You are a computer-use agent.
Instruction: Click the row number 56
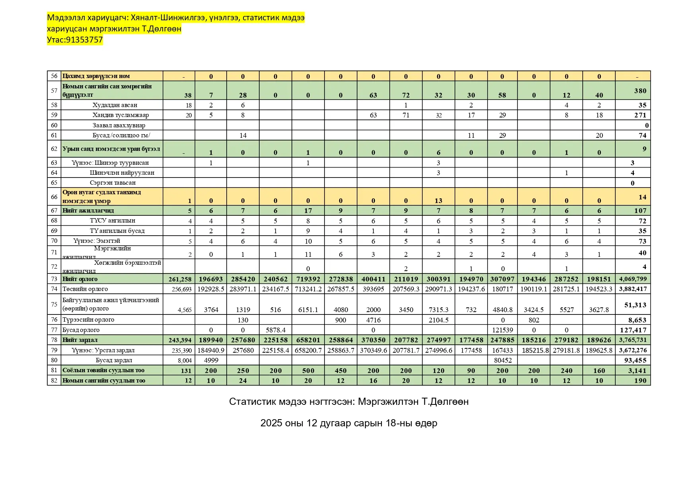coord(54,76)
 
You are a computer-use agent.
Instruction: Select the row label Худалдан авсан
coord(115,105)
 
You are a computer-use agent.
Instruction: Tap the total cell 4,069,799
coord(633,279)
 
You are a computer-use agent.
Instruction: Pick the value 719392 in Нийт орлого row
coord(308,279)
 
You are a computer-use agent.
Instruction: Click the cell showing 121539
coord(502,330)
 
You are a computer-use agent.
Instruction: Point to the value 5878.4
coord(275,330)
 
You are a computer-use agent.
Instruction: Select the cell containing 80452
coord(502,360)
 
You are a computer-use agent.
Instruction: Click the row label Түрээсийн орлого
coord(88,320)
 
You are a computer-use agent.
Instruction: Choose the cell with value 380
coord(640,91)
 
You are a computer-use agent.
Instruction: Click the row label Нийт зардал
coord(80,340)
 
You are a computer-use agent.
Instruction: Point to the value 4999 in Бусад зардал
coord(211,360)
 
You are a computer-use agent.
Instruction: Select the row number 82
coord(54,381)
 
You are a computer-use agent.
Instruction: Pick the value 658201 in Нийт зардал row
coord(308,340)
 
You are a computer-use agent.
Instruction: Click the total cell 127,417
coord(633,330)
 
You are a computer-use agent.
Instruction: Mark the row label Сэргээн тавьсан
coord(113,183)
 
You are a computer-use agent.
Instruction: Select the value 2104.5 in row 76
coord(438,320)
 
